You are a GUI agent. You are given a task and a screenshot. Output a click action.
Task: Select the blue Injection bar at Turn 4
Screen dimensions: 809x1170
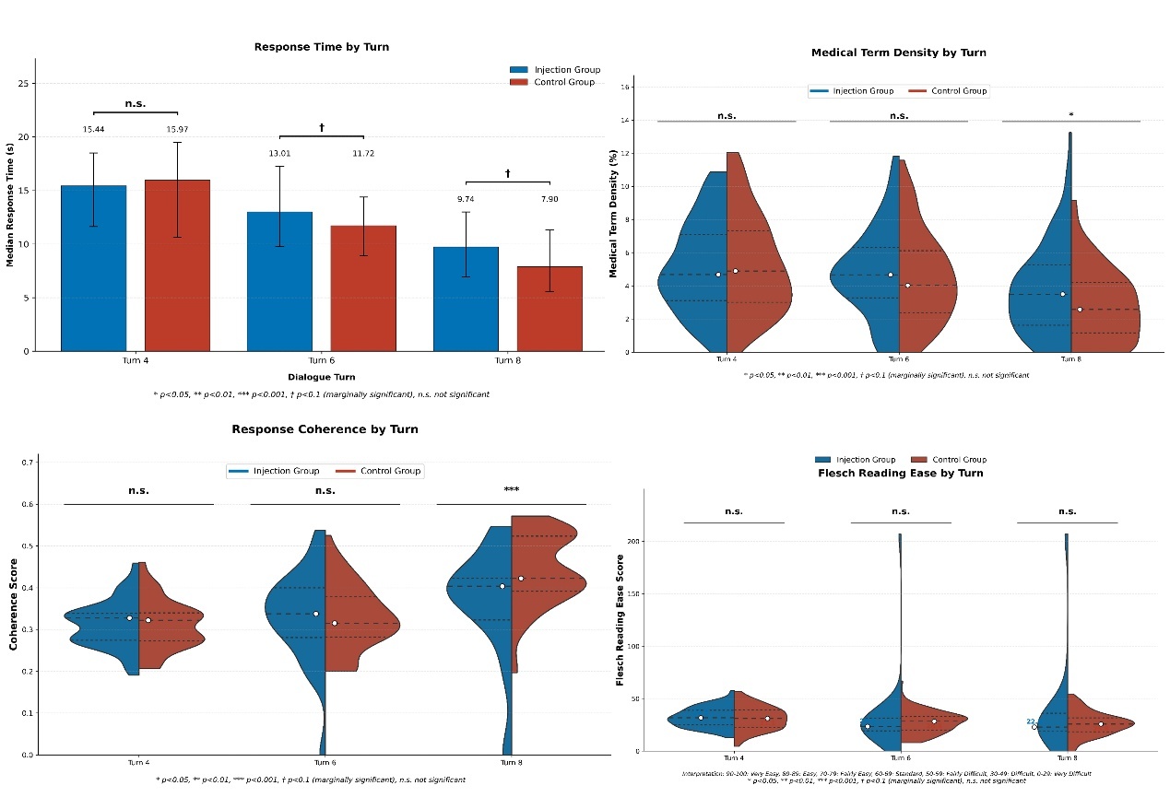93,267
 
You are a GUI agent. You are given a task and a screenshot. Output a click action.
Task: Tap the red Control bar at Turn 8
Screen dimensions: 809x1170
550,308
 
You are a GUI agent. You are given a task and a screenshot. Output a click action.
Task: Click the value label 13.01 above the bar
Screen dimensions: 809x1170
279,154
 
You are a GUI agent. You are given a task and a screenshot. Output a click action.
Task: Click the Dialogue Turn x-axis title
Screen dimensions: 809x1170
320,377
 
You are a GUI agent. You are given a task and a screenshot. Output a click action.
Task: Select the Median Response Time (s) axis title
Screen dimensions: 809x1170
10,204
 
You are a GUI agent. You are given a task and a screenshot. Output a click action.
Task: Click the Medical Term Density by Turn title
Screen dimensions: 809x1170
898,53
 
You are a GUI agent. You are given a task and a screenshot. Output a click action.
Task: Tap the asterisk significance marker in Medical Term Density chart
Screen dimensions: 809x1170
1070,115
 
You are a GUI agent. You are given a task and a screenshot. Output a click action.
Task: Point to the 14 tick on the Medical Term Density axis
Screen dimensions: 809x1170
625,121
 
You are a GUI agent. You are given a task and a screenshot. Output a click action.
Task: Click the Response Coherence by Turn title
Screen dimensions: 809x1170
325,429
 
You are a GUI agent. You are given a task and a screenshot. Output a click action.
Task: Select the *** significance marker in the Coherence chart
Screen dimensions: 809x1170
511,490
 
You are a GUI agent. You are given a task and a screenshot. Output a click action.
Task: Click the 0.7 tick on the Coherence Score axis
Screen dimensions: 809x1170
29,463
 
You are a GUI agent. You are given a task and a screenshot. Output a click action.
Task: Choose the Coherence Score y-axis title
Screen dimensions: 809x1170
14,608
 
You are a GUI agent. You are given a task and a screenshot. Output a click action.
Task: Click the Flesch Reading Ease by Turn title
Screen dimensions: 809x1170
900,474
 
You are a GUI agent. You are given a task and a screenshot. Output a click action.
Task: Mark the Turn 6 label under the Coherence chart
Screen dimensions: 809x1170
325,763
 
